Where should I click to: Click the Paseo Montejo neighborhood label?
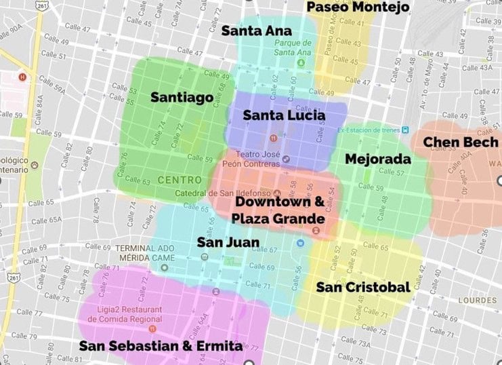tap(358, 7)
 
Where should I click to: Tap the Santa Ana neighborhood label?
tap(257, 31)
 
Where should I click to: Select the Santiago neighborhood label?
tap(182, 97)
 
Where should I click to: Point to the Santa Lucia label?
tap(284, 115)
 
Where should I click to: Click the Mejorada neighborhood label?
tap(378, 159)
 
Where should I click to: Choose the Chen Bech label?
tap(461, 142)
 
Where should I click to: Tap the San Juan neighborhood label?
tap(228, 242)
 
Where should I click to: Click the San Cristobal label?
tap(363, 287)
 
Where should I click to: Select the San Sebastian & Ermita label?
tap(161, 346)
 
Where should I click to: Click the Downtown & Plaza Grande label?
tap(278, 210)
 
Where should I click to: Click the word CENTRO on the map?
tap(180, 180)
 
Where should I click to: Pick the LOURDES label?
tap(477, 300)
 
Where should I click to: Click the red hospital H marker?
tap(23, 77)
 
